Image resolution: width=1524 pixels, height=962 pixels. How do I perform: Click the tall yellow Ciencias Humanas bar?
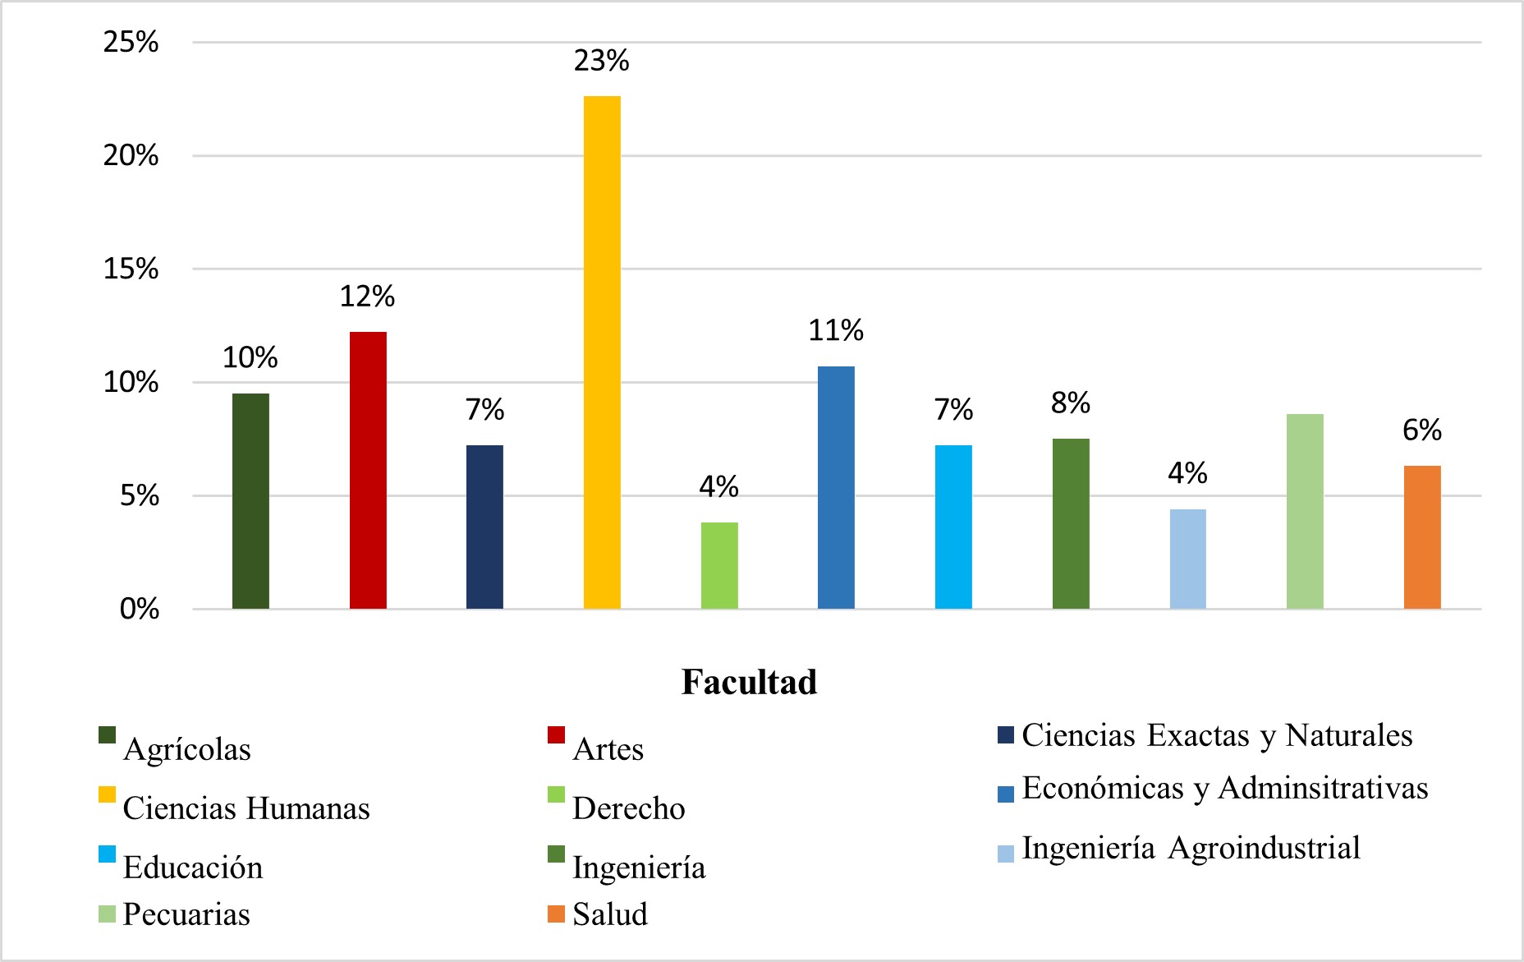[602, 353]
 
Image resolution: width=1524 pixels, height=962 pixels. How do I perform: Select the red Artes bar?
[368, 470]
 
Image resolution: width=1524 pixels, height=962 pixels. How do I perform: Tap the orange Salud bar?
[1422, 537]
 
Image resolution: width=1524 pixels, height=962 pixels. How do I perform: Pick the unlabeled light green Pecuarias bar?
[1305, 511]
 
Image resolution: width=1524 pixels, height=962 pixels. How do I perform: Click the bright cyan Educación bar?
[953, 527]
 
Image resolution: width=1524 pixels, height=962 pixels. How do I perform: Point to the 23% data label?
[602, 61]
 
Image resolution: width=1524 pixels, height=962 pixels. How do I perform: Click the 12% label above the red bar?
[367, 297]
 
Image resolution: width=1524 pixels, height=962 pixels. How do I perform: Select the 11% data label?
[836, 331]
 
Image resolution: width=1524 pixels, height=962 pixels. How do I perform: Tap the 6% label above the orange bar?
[1422, 430]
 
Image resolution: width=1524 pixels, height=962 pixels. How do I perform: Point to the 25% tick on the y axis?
[131, 42]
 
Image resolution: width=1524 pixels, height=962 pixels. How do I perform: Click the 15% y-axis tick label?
[131, 269]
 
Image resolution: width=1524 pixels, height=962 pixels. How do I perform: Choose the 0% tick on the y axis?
[139, 609]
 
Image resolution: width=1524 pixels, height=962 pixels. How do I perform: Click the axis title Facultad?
[749, 682]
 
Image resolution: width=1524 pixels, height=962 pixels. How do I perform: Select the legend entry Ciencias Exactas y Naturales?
[1217, 735]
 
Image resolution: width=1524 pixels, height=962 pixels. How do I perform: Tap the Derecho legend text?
[628, 808]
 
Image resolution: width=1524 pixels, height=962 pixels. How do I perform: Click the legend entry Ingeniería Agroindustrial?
[1191, 848]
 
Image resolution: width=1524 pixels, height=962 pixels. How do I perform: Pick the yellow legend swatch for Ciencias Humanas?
[107, 794]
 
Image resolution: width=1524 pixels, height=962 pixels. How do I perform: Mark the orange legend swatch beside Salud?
[556, 914]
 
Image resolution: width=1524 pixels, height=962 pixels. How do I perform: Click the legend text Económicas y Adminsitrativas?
[1224, 788]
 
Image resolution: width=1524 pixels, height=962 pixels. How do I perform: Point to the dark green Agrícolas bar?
[250, 501]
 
